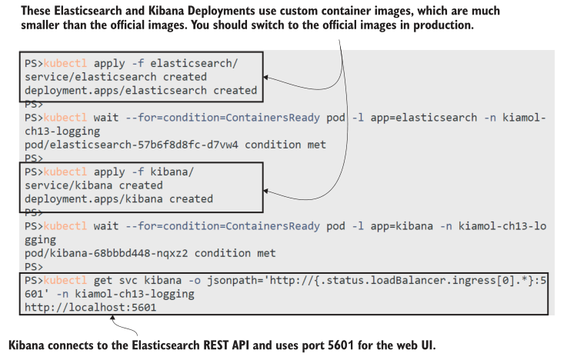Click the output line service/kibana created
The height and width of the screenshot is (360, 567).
tap(93, 185)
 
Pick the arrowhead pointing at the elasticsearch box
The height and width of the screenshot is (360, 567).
tap(266, 78)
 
